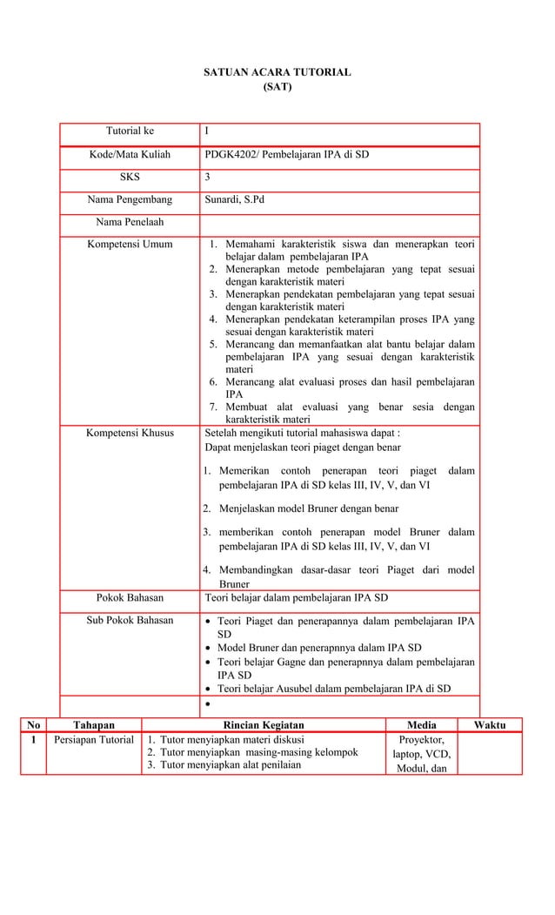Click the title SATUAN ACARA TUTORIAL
(x=277, y=72)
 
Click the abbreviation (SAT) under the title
(x=277, y=87)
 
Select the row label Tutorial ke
(x=130, y=131)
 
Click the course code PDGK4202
(x=228, y=155)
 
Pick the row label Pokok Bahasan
(x=130, y=598)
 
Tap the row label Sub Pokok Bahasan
(x=130, y=621)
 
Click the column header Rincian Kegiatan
(x=264, y=724)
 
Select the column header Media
(x=422, y=724)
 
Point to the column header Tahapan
(x=93, y=724)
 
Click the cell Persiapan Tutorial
(x=93, y=740)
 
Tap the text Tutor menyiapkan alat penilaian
(x=231, y=765)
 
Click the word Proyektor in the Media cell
(x=422, y=739)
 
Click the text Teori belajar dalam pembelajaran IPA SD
(x=296, y=598)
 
